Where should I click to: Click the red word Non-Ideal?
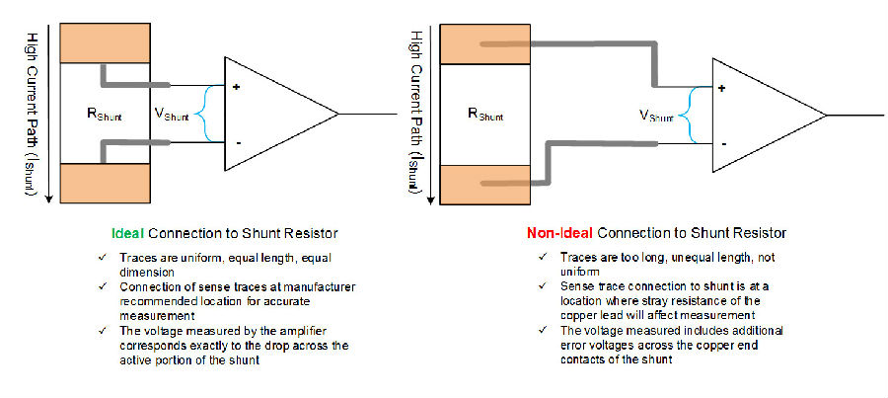pyautogui.click(x=559, y=233)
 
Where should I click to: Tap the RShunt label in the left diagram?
pyautogui.click(x=104, y=114)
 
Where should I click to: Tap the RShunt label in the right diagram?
pyautogui.click(x=485, y=114)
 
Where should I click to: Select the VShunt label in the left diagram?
pyautogui.click(x=172, y=114)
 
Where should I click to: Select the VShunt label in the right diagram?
pyautogui.click(x=656, y=116)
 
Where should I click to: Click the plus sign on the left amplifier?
pyautogui.click(x=235, y=87)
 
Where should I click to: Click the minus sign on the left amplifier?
pyautogui.click(x=239, y=143)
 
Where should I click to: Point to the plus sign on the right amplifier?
pyautogui.click(x=722, y=89)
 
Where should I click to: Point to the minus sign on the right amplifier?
pyautogui.click(x=725, y=144)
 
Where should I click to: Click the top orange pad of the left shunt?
pyautogui.click(x=106, y=43)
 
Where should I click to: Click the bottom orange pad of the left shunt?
pyautogui.click(x=106, y=183)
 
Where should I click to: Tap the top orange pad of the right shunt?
pyautogui.click(x=485, y=44)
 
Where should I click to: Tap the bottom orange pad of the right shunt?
pyautogui.click(x=485, y=185)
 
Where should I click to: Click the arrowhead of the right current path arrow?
pyautogui.click(x=431, y=200)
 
